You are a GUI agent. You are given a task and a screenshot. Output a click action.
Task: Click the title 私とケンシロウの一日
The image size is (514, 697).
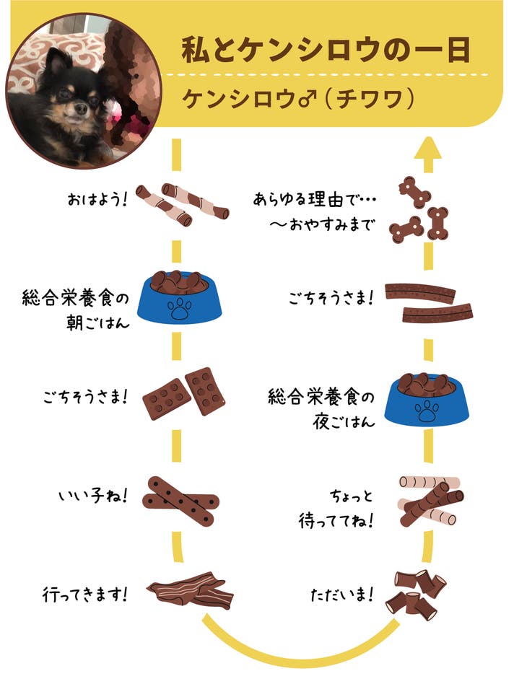(326, 49)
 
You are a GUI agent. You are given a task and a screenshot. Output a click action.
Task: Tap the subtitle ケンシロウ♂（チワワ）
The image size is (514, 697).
(298, 99)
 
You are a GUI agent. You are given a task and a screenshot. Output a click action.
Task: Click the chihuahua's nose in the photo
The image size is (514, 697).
(80, 108)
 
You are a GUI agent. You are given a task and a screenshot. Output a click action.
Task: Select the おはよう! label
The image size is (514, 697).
(97, 199)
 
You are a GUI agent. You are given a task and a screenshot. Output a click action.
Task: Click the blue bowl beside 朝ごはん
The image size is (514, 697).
(179, 297)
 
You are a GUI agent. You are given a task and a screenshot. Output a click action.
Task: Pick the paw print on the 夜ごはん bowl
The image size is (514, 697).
(427, 411)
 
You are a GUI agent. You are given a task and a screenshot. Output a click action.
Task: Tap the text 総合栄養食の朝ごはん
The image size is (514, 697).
(76, 310)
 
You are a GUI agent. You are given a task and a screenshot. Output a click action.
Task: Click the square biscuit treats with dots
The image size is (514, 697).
(183, 393)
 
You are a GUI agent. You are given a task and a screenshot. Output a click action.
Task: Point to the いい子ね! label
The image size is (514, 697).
(93, 496)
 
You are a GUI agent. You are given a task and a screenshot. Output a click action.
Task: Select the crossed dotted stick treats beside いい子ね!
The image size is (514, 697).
(180, 501)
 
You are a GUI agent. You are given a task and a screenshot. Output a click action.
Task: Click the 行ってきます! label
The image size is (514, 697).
(85, 594)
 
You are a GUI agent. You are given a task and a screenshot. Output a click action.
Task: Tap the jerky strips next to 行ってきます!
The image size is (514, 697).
(191, 590)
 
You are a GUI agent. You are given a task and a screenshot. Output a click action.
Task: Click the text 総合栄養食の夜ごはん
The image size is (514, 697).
(321, 408)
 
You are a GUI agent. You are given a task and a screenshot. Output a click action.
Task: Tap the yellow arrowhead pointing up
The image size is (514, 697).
(428, 148)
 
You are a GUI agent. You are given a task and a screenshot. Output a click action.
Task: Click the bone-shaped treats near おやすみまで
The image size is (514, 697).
(419, 209)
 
